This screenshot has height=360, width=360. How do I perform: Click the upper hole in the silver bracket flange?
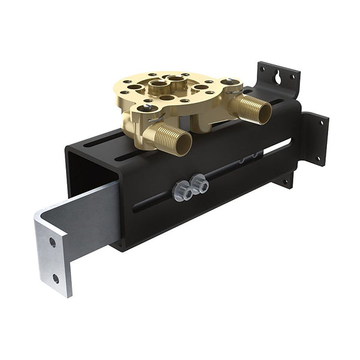[53, 242]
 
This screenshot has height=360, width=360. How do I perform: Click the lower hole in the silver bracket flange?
[56, 278]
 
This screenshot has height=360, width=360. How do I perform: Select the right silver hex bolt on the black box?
[200, 184]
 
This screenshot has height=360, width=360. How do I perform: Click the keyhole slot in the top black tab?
[278, 77]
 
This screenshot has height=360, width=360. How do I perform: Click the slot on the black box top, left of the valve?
[105, 142]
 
